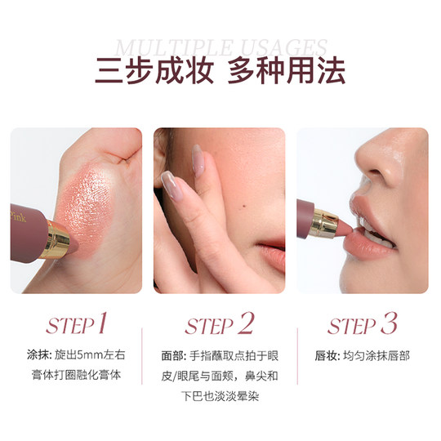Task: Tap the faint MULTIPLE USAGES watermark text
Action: pyautogui.click(x=220, y=47)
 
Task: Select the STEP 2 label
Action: pyautogui.click(x=220, y=325)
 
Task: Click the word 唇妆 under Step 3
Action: pyautogui.click(x=325, y=356)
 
